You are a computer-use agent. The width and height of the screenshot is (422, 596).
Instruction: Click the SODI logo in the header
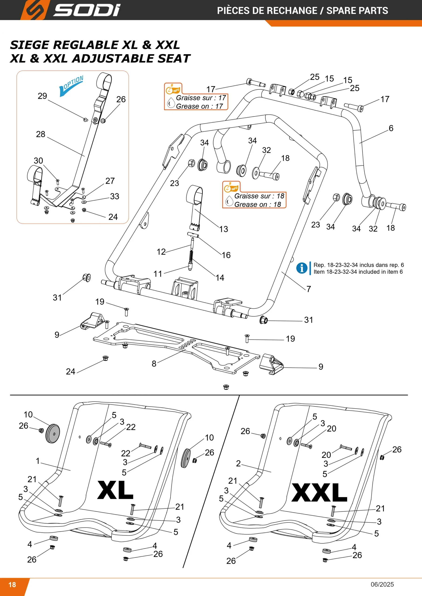(70, 10)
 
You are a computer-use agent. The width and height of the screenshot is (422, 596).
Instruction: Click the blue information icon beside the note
(302, 268)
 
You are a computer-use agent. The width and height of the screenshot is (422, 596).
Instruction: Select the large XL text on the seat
(115, 490)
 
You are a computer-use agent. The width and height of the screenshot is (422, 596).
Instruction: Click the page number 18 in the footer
(12, 585)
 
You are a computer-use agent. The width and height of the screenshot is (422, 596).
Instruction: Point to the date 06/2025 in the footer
(382, 584)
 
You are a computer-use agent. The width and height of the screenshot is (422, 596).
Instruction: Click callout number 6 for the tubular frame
(391, 128)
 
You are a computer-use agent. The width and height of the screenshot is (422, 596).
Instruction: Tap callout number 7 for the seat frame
(309, 289)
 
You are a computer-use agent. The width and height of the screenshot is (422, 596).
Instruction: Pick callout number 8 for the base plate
(154, 364)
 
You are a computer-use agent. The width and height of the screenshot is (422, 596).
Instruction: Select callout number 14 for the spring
(220, 278)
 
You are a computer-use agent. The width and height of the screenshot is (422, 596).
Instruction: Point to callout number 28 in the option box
(41, 134)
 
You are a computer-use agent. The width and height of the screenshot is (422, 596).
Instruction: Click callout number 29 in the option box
(42, 96)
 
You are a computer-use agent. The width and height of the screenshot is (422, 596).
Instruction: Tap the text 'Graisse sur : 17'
(201, 98)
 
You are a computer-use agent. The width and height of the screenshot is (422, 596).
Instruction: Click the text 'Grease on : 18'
(257, 205)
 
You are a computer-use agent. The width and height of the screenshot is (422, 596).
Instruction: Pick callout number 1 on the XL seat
(38, 461)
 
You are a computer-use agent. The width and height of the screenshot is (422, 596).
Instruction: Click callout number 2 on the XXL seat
(238, 463)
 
